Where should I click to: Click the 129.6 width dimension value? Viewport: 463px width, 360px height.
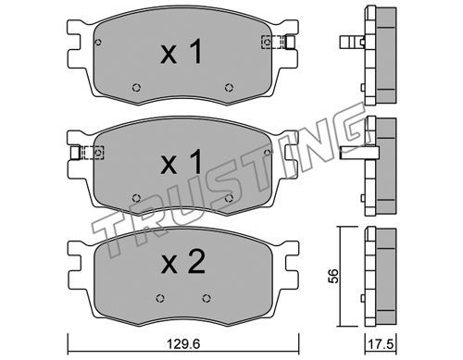pyautogui.click(x=183, y=344)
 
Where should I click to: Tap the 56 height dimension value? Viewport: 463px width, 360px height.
pyautogui.click(x=333, y=276)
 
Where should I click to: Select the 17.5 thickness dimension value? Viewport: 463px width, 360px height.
pyautogui.click(x=381, y=344)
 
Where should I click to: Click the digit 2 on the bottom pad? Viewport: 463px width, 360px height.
pyautogui.click(x=196, y=262)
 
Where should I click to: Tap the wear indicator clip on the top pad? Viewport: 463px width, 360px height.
pyautogui.click(x=279, y=42)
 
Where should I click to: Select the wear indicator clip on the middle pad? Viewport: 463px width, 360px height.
pyautogui.click(x=87, y=153)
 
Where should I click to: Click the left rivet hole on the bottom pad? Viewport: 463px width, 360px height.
pyautogui.click(x=160, y=298)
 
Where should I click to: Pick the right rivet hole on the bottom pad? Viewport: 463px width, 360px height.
pyautogui.click(x=206, y=298)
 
